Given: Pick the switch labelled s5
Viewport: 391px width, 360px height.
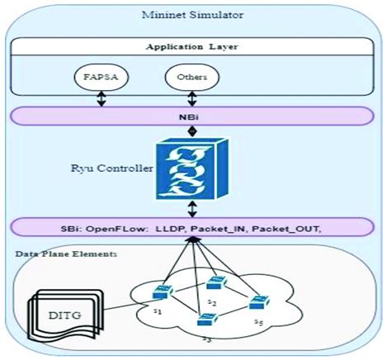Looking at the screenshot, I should point(259,303).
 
